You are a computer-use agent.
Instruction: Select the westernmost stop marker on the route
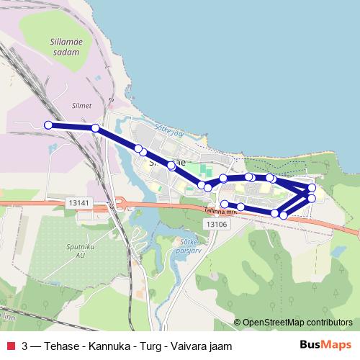(x=48, y=125)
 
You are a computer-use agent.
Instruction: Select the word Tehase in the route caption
(x=67, y=346)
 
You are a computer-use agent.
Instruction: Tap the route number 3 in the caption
(x=25, y=346)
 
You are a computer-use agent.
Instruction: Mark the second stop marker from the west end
(x=95, y=128)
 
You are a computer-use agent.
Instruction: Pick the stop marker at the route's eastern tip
(x=312, y=188)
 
